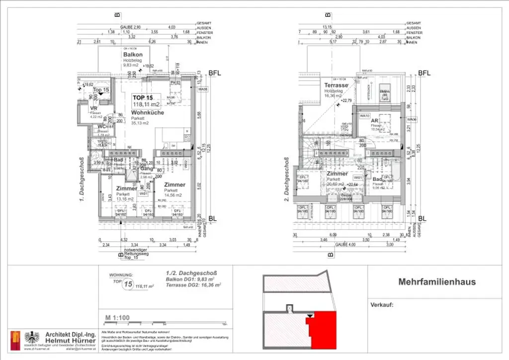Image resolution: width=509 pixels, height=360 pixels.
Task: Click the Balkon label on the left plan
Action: [x=133, y=55]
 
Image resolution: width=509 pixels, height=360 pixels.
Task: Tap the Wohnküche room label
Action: [x=145, y=113]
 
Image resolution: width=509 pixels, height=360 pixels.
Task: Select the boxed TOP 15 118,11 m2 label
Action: [x=146, y=101]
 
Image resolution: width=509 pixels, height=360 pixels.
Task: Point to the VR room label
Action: [x=93, y=108]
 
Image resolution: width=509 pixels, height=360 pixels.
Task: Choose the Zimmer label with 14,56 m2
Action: [x=174, y=184]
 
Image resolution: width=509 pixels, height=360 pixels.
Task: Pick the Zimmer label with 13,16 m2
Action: [x=126, y=189]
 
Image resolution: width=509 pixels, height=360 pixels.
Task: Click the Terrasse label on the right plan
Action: [x=336, y=86]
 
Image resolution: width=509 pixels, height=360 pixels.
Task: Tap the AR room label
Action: [x=376, y=121]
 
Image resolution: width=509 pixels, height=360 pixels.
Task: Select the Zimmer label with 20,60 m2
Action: [x=337, y=174]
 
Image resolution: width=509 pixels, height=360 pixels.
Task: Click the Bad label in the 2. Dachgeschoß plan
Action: [x=377, y=179]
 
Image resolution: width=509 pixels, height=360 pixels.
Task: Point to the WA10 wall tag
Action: [x=365, y=115]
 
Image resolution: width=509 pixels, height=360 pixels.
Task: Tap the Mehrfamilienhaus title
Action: [x=437, y=282]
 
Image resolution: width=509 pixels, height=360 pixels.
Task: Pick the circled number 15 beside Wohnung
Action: [x=128, y=285]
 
